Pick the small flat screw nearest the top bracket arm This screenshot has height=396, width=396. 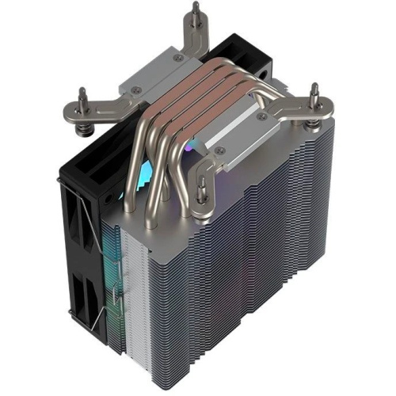click(179, 58)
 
